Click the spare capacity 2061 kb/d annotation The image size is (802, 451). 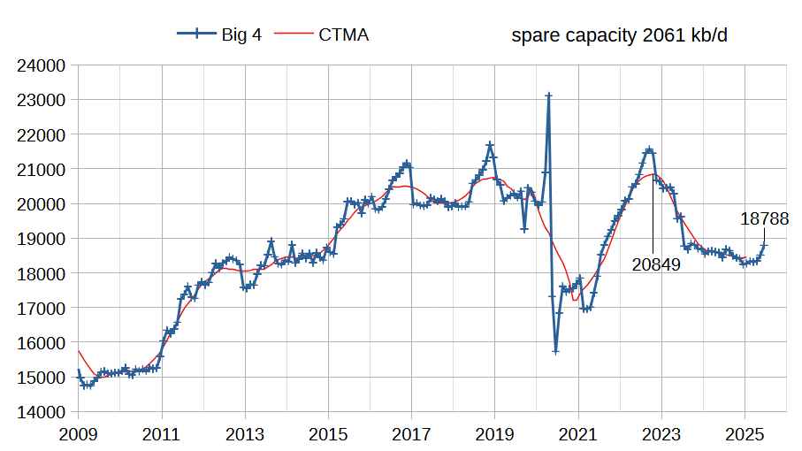625,35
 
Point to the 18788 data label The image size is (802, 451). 764,219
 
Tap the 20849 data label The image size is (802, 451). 656,264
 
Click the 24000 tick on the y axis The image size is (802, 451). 42,65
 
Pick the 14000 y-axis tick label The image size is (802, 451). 42,412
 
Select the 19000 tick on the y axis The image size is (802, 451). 42,239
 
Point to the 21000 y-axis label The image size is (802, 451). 42,169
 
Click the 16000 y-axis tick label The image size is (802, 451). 42,343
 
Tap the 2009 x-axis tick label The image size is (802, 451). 78,434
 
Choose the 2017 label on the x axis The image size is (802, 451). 411,434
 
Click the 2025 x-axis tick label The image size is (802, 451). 745,434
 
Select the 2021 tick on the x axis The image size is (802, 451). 578,434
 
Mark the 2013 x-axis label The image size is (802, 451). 245,434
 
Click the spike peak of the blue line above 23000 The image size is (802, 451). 548,96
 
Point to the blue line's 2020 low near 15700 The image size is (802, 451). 555,351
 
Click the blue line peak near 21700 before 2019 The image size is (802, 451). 490,144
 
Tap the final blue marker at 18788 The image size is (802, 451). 764,245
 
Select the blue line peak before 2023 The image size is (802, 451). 650,150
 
